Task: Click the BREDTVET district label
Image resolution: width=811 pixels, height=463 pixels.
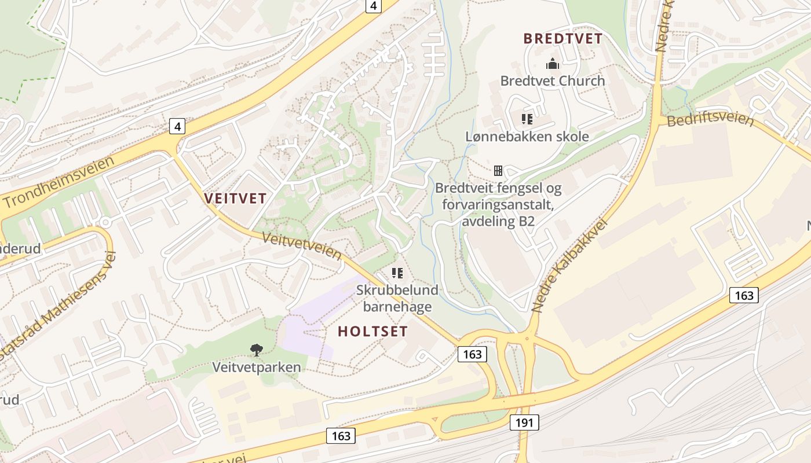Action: [563, 39]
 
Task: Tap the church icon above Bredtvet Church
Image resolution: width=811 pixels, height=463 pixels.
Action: [553, 64]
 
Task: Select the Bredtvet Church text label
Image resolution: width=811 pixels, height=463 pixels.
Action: [553, 80]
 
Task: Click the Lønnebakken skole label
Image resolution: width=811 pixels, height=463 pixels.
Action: [527, 137]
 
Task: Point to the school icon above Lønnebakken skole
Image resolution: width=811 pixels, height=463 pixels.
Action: [527, 119]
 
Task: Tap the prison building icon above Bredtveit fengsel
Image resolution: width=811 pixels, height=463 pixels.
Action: [498, 171]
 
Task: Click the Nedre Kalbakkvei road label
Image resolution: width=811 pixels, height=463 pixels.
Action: [568, 266]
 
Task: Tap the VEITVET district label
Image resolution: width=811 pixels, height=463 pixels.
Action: [235, 199]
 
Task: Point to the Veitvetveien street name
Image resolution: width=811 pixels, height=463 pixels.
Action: [302, 245]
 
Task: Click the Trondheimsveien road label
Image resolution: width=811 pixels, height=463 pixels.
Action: [59, 182]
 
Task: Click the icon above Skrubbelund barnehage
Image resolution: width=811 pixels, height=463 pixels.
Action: [397, 273]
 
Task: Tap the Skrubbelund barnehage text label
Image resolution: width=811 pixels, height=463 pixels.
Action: [397, 297]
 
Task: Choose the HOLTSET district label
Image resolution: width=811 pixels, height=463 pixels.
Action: [372, 332]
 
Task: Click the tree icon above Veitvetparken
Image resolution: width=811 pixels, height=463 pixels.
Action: [256, 350]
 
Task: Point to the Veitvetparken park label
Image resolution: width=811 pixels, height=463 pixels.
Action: [256, 367]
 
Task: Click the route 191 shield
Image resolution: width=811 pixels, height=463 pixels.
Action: [524, 422]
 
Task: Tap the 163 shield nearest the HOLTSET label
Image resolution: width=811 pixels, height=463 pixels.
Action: [472, 354]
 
